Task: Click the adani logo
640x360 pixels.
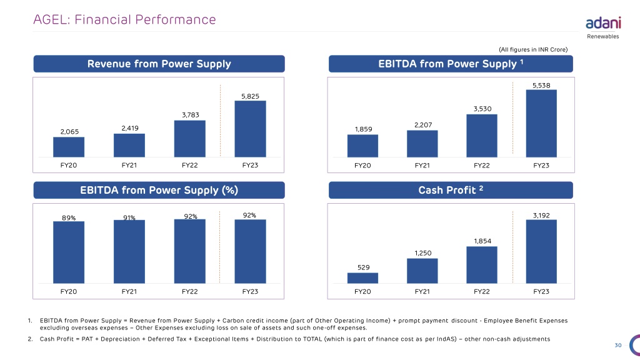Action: click(x=603, y=23)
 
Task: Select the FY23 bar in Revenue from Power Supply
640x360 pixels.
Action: click(x=250, y=129)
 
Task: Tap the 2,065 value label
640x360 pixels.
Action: click(x=69, y=132)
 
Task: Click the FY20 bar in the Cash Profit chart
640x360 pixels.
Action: click(x=362, y=278)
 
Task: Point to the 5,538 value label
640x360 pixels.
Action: click(x=541, y=85)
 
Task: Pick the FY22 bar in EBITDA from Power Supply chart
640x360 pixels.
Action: click(x=482, y=136)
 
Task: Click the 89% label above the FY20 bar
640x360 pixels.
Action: click(x=69, y=218)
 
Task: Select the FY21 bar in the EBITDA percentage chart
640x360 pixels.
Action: click(x=129, y=251)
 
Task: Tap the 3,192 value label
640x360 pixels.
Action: click(x=541, y=216)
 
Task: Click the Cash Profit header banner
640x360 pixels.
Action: click(x=451, y=190)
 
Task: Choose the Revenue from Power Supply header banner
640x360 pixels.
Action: click(x=159, y=64)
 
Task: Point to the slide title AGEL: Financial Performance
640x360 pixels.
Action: click(x=124, y=19)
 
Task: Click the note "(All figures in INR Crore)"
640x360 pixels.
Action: click(x=533, y=49)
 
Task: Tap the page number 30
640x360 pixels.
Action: click(x=618, y=345)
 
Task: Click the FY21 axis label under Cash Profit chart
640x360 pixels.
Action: click(x=422, y=291)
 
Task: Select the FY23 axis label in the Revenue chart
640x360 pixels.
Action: click(x=250, y=165)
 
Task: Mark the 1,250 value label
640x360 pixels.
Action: click(x=423, y=253)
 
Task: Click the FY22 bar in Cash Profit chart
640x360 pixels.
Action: click(x=482, y=265)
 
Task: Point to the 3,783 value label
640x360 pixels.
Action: click(x=191, y=115)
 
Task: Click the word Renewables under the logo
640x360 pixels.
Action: click(x=603, y=36)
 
